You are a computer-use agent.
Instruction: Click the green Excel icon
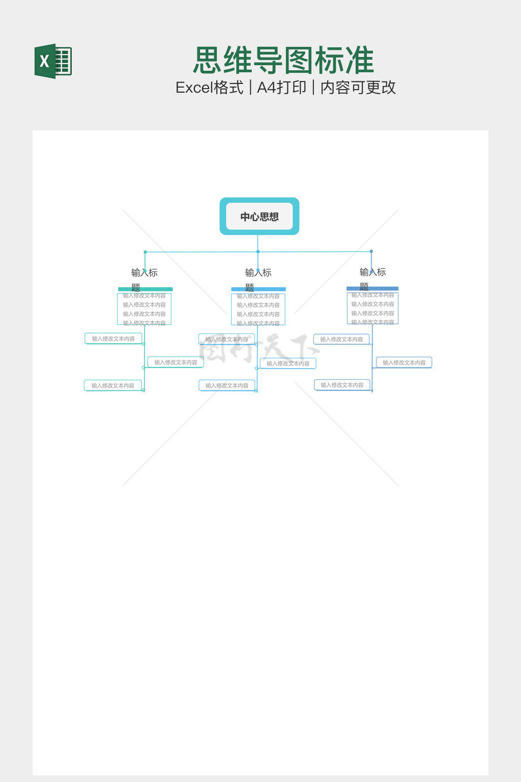[x=53, y=61]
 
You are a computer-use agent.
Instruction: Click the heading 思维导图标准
[x=284, y=61]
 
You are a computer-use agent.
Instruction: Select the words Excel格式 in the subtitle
[x=209, y=88]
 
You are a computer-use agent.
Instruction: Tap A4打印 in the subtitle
[x=281, y=88]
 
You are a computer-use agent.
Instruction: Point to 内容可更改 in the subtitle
[x=358, y=88]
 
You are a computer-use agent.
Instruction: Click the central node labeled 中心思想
[x=259, y=216]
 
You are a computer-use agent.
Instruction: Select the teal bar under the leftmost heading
[x=146, y=289]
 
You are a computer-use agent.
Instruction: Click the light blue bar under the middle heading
[x=258, y=289]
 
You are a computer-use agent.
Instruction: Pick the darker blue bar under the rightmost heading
[x=372, y=289]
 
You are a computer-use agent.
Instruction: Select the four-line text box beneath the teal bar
[x=144, y=309]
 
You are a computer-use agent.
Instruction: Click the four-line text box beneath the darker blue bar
[x=373, y=309]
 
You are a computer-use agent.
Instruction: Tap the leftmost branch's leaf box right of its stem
[x=176, y=362]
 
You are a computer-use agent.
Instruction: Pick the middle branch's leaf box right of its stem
[x=288, y=364]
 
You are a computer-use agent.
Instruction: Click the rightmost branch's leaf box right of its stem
[x=404, y=362]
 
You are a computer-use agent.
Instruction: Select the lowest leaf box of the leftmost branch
[x=113, y=385]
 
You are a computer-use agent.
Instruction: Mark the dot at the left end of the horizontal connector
[x=145, y=252]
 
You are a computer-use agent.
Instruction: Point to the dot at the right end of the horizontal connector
[x=371, y=252]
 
